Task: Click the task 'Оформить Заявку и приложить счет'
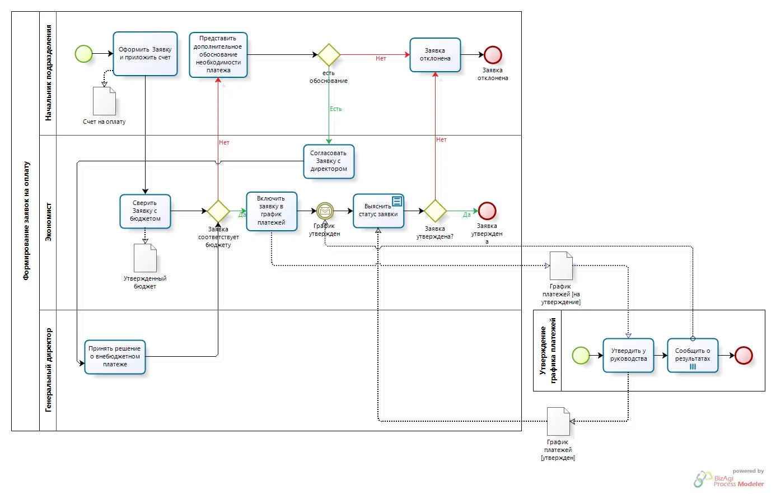(x=145, y=54)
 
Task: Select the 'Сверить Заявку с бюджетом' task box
(x=145, y=211)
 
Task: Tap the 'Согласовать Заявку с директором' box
(x=329, y=161)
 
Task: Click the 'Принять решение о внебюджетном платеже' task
(x=115, y=357)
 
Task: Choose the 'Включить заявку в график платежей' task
(x=272, y=211)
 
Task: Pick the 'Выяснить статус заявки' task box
(x=378, y=211)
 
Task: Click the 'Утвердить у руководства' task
(x=628, y=355)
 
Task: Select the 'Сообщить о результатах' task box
(x=693, y=355)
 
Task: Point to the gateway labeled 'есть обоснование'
(x=329, y=54)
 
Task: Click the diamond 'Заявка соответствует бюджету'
(x=218, y=211)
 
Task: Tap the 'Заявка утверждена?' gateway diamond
(x=435, y=211)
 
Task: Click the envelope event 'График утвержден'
(x=325, y=211)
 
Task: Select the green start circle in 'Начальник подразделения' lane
(x=84, y=54)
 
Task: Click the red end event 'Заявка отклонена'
(x=493, y=55)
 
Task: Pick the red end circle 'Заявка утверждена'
(x=487, y=211)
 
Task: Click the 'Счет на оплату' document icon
(x=104, y=101)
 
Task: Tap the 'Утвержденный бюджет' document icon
(x=145, y=258)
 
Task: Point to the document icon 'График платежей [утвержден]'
(x=558, y=421)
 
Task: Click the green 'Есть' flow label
(x=336, y=109)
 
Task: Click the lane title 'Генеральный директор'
(x=49, y=370)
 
